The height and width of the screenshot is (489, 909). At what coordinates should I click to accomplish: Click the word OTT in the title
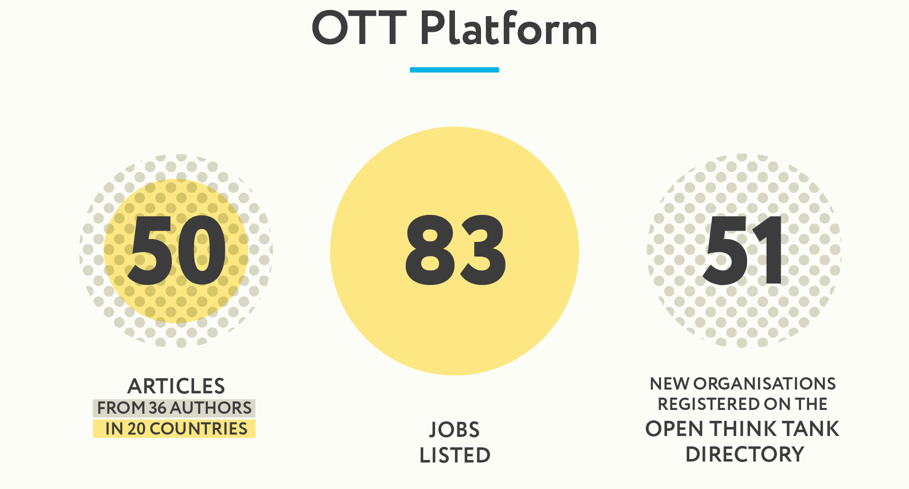(359, 28)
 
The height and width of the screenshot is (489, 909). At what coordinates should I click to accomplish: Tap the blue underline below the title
(454, 70)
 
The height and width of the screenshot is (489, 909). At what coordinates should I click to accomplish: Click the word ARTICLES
(176, 386)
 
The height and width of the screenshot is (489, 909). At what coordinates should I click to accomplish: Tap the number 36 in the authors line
(158, 408)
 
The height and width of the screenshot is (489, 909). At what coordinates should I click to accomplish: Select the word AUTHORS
(211, 408)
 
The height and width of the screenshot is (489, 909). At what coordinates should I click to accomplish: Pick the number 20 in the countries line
(136, 428)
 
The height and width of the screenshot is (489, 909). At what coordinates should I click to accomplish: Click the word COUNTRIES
(198, 428)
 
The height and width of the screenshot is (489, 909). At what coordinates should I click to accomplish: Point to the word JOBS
(454, 430)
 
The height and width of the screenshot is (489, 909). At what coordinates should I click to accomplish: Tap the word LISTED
(455, 455)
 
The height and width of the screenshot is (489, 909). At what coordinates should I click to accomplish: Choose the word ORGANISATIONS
(765, 383)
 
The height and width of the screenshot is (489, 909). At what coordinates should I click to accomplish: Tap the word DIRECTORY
(745, 454)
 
